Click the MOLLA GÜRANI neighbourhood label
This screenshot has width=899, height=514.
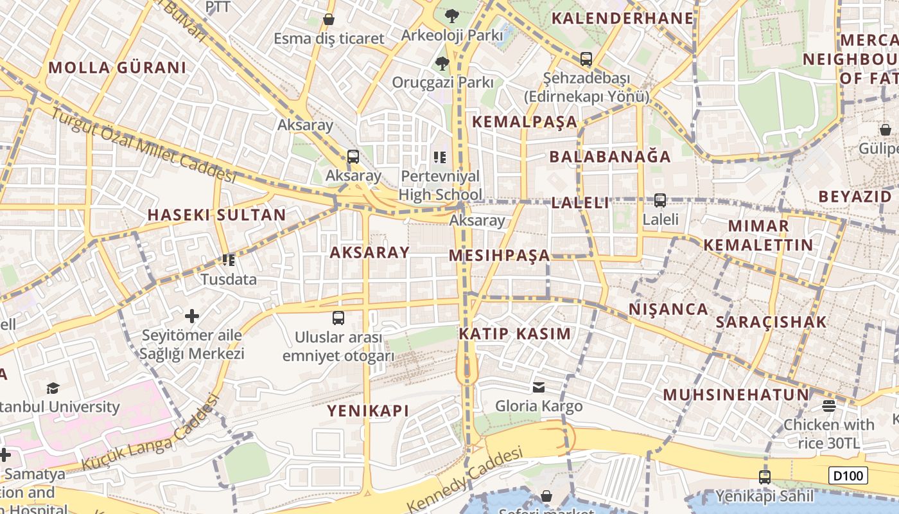click(x=117, y=67)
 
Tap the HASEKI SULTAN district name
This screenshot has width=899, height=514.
click(x=216, y=215)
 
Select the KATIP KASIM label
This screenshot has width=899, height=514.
click(x=514, y=333)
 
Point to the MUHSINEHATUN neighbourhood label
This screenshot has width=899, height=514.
click(x=736, y=394)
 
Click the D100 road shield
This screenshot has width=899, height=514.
click(x=848, y=475)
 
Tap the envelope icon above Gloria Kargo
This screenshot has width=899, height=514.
click(x=539, y=387)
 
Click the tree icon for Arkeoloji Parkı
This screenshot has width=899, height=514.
click(x=452, y=15)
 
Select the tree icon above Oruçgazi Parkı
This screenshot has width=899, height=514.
click(x=442, y=63)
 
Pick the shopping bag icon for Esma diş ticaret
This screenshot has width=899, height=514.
click(x=329, y=19)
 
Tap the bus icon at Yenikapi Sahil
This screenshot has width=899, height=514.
click(x=764, y=477)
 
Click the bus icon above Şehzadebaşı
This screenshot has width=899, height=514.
click(x=586, y=59)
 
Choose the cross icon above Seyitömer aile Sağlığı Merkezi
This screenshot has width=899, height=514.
click(x=191, y=315)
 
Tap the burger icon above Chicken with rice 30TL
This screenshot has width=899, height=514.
click(x=828, y=405)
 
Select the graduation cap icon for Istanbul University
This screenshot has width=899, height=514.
click(x=53, y=387)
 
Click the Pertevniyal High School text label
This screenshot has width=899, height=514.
click(x=440, y=185)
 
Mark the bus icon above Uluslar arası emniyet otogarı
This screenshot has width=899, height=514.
click(x=338, y=317)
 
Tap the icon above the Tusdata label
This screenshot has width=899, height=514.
click(x=228, y=260)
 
